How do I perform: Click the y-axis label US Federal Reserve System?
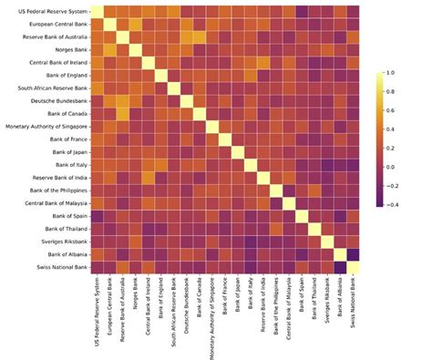pyautogui.click(x=49, y=11)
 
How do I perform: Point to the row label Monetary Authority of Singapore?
pyautogui.click(x=46, y=126)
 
